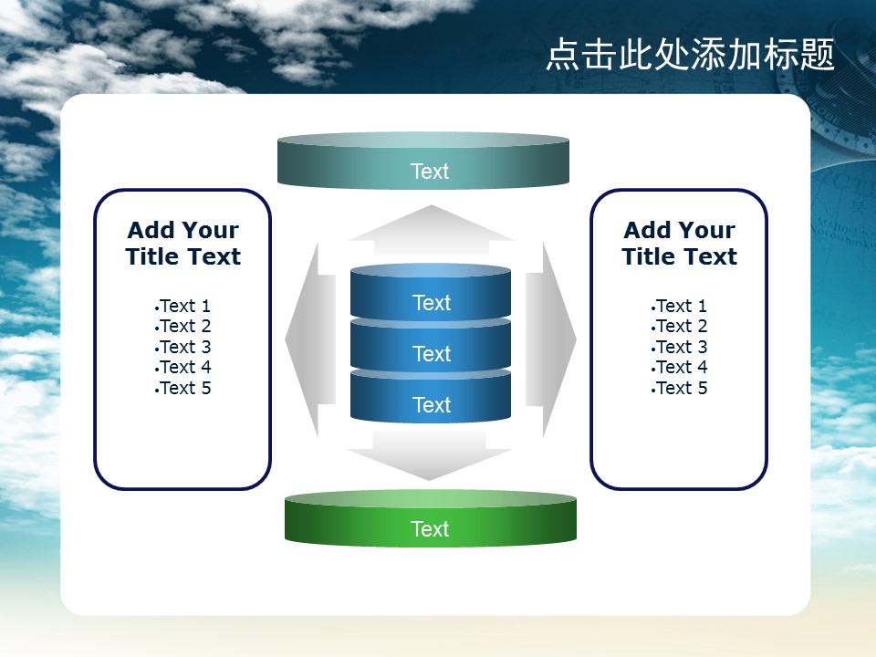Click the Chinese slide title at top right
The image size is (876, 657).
(x=690, y=55)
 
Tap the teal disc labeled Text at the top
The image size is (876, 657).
(x=422, y=161)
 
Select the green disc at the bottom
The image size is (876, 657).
(x=430, y=518)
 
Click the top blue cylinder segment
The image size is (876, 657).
(x=430, y=292)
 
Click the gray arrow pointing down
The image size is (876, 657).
(x=429, y=455)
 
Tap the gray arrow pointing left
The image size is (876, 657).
(x=310, y=339)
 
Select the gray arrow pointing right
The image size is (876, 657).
(x=551, y=339)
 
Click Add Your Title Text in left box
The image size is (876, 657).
(x=183, y=243)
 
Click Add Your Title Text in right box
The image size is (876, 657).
(x=679, y=243)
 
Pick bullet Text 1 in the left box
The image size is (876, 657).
(x=183, y=306)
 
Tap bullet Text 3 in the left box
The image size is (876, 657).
(x=183, y=347)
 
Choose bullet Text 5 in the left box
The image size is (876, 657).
(x=183, y=388)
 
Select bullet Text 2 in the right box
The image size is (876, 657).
(x=679, y=326)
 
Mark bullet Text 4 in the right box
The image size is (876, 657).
(x=679, y=367)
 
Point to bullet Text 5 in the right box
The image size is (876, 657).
(x=679, y=388)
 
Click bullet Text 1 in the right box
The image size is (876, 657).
(x=679, y=306)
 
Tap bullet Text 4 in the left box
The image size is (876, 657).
(x=183, y=367)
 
